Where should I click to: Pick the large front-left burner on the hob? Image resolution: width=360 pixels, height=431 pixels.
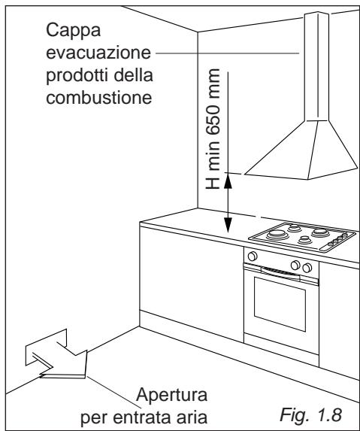[x=277, y=234]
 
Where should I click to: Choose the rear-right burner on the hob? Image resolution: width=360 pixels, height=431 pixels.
[x=320, y=232]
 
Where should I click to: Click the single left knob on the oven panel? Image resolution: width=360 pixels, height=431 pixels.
[x=253, y=256]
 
